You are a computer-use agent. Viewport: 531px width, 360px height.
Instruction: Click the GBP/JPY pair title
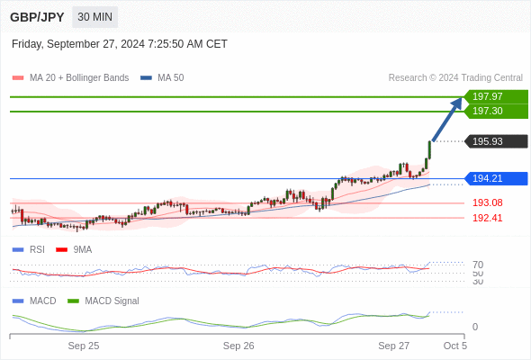[x=37, y=17]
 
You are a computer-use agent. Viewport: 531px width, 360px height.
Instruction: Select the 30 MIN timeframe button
[x=94, y=17]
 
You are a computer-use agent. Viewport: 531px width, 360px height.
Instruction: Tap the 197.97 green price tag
[x=496, y=96]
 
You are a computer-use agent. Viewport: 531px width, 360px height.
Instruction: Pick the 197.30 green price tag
[x=496, y=111]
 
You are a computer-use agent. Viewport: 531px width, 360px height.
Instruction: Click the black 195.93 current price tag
[x=496, y=141]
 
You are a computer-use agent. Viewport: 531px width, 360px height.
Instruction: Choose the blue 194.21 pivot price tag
[x=496, y=178]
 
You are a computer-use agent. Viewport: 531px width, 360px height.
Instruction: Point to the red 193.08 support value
[x=487, y=202]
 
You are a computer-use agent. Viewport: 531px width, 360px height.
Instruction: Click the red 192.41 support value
[x=487, y=218]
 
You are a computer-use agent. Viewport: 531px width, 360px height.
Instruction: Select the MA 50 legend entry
[x=162, y=78]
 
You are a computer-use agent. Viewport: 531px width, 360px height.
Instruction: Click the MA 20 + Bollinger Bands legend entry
[x=70, y=78]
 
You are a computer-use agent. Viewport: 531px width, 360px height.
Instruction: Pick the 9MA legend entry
[x=74, y=249]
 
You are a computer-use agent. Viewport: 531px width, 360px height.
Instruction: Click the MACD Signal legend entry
[x=103, y=301]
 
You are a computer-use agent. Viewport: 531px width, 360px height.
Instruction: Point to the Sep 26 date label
[x=238, y=346]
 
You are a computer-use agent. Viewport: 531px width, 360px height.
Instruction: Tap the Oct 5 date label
[x=455, y=346]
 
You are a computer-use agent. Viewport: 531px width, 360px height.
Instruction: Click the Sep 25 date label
[x=84, y=346]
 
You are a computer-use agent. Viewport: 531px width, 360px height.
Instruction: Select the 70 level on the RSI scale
[x=478, y=265]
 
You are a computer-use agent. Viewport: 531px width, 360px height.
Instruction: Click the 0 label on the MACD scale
[x=475, y=327]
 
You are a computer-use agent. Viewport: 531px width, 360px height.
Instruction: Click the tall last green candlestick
[x=429, y=150]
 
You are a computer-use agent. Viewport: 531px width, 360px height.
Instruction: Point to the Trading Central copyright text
[x=455, y=78]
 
